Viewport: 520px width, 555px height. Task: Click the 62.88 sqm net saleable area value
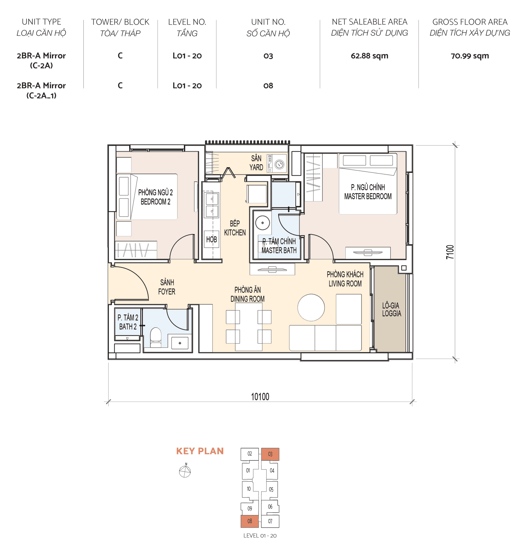click(x=369, y=56)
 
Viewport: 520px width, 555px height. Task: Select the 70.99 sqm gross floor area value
click(x=469, y=56)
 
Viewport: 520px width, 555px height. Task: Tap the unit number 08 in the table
click(x=268, y=86)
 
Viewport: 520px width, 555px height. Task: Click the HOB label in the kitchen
click(x=211, y=239)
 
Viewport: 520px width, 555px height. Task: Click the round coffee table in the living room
click(x=311, y=307)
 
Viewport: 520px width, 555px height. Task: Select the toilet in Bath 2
click(x=156, y=336)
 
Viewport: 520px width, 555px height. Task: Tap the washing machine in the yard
click(x=280, y=165)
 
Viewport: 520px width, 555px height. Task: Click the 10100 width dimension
click(x=260, y=397)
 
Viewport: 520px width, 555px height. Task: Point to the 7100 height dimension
click(x=450, y=252)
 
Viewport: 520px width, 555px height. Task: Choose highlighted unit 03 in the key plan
click(x=270, y=454)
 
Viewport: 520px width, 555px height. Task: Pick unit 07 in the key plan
click(x=270, y=521)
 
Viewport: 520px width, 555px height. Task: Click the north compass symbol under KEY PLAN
click(x=185, y=471)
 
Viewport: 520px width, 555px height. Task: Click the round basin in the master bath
click(x=263, y=223)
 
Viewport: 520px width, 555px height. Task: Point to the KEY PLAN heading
click(x=200, y=451)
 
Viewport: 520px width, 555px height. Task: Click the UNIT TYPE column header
click(x=41, y=22)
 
